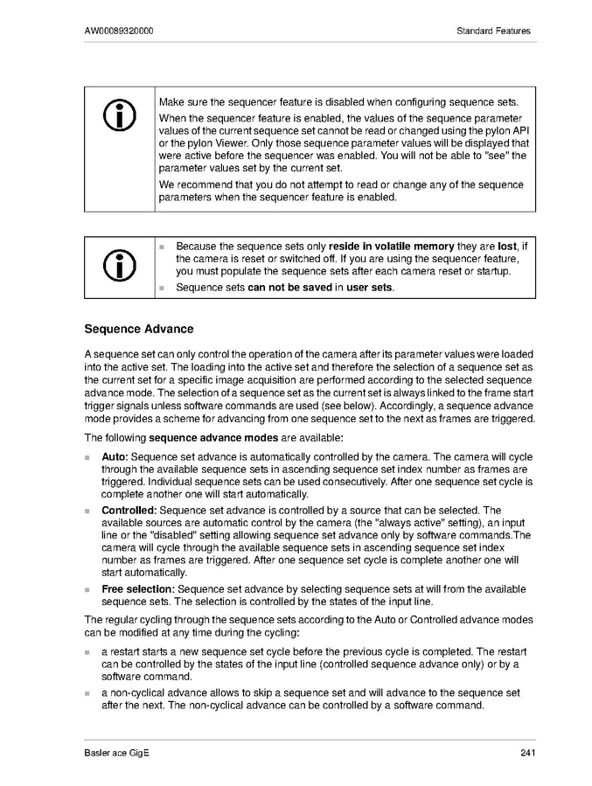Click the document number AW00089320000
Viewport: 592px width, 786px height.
(120, 31)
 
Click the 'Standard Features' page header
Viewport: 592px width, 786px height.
(493, 31)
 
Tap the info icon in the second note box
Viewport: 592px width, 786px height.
(119, 266)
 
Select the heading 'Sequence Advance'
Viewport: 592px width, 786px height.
(138, 330)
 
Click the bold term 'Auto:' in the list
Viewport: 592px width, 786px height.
(115, 457)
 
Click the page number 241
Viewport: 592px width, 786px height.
(526, 754)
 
